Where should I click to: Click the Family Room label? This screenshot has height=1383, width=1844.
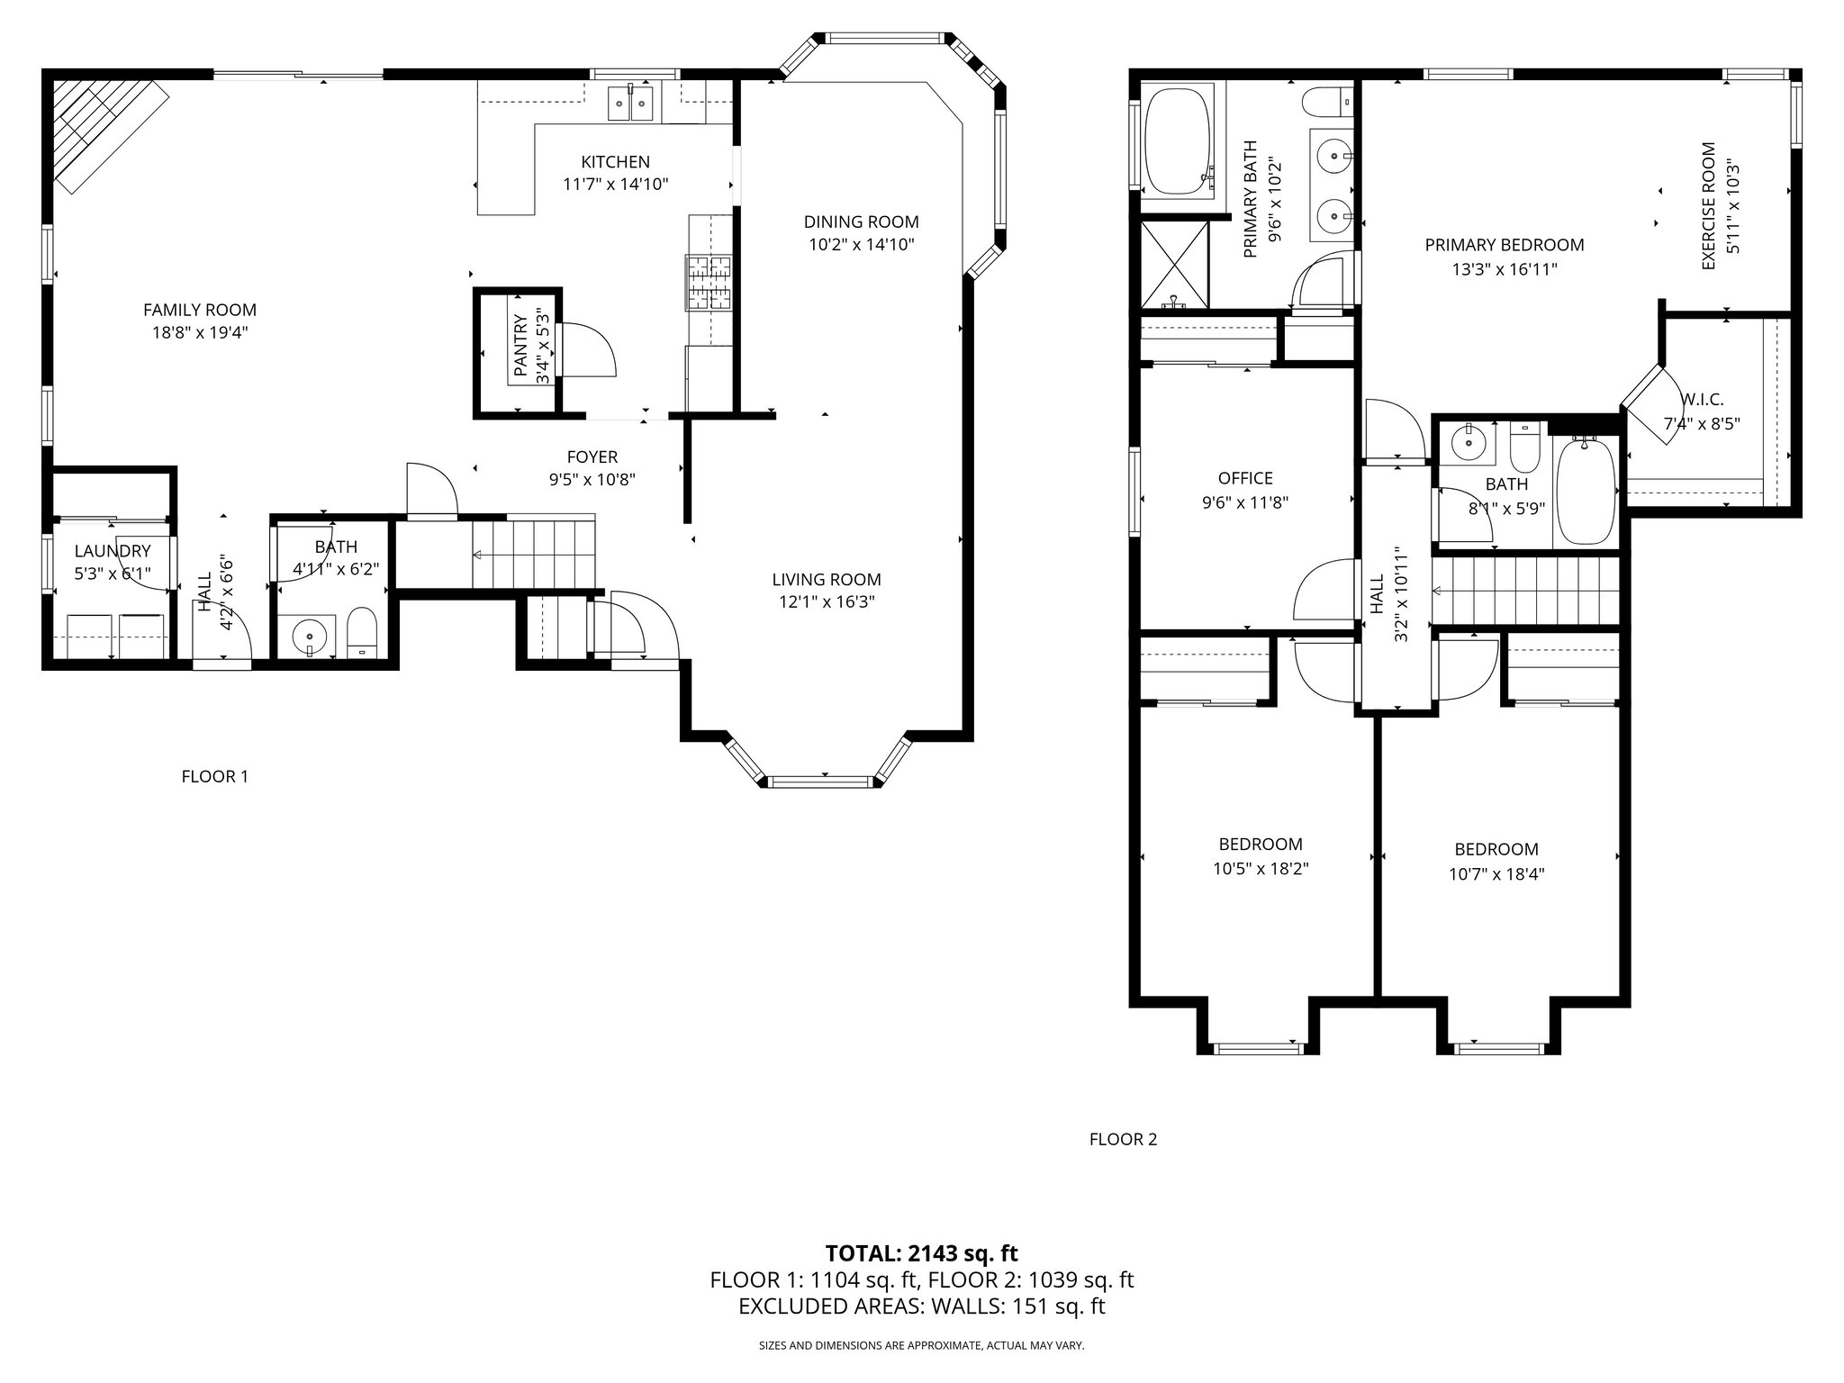pos(200,310)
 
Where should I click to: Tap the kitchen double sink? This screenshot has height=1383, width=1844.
pos(630,102)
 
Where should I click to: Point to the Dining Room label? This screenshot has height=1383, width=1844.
pos(861,221)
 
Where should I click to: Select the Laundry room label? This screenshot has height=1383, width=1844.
pos(113,551)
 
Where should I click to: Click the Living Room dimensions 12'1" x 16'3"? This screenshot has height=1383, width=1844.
pos(827,602)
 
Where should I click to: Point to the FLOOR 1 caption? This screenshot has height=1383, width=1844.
pos(214,776)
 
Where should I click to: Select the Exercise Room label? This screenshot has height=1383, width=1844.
pos(1708,205)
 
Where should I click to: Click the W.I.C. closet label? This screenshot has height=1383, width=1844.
pos(1702,400)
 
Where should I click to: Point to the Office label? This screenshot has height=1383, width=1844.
pos(1245,478)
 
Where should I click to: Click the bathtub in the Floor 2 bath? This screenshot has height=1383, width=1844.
pos(1586,491)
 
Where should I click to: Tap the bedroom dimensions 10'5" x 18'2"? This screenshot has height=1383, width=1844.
pos(1261,869)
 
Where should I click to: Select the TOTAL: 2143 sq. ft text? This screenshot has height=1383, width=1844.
pos(921,1253)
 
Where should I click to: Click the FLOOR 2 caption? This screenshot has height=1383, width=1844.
pos(1123,1139)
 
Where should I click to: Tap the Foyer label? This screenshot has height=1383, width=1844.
pos(592,456)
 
